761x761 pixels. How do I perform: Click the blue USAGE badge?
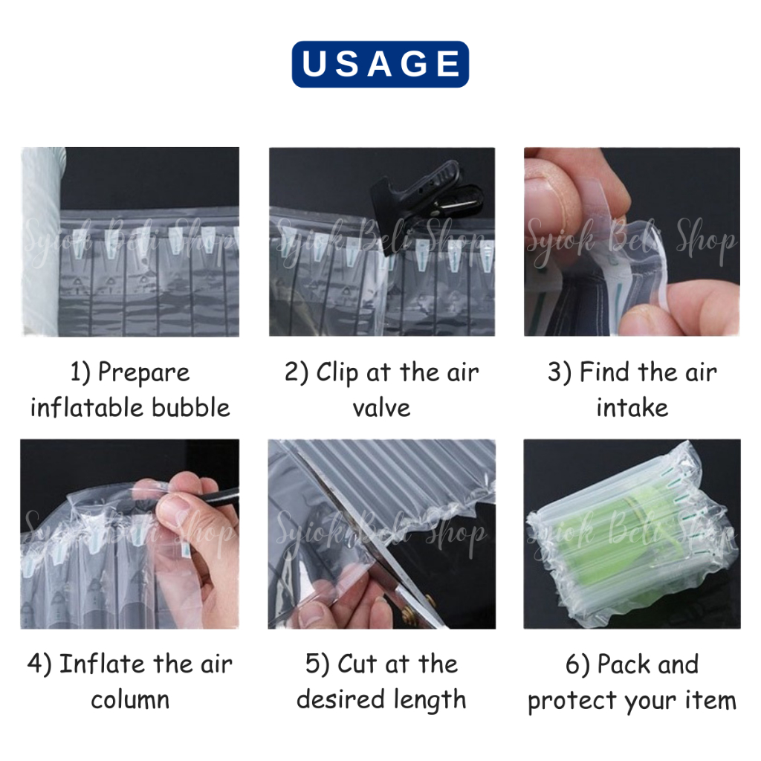380,64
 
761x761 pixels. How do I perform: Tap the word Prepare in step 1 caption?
143,374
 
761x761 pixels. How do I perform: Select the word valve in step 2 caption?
381,408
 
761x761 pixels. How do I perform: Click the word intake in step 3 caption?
632,408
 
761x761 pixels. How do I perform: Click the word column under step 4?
130,700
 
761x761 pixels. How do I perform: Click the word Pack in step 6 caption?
624,664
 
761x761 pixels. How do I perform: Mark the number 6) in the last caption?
577,664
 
